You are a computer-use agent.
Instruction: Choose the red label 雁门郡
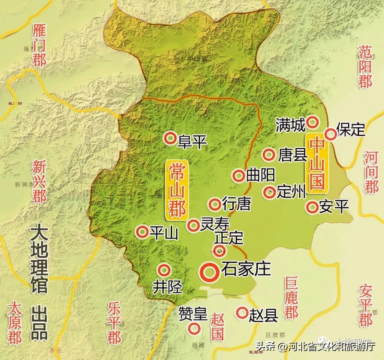39,45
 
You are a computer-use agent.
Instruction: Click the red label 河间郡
371,172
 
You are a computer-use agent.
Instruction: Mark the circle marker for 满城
313,122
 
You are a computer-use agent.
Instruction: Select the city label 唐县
293,155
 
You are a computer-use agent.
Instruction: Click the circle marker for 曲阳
238,175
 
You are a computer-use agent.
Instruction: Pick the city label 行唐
236,204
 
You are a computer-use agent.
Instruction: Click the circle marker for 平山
143,232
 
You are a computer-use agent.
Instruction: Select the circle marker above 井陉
164,270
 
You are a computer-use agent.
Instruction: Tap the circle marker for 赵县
242,313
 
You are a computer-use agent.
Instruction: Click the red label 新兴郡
39,181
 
